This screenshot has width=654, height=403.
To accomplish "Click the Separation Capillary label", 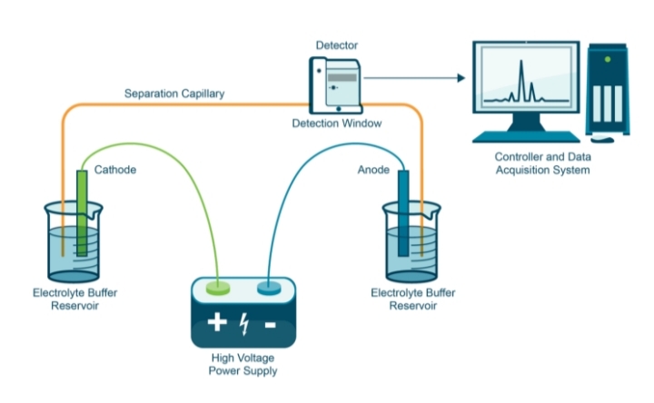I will point(174,93).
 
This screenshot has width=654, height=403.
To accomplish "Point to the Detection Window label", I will point(335,123).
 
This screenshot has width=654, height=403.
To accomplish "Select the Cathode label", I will point(115,169).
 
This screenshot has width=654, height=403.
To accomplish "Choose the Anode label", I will point(371,169).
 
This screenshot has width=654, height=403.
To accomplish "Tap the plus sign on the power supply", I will point(217,324).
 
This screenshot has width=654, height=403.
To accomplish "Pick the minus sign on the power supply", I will point(270,324).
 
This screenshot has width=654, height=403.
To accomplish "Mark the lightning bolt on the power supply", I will point(243,324).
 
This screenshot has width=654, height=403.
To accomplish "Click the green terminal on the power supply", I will point(219,289).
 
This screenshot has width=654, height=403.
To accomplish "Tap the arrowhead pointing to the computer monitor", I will point(461,78).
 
